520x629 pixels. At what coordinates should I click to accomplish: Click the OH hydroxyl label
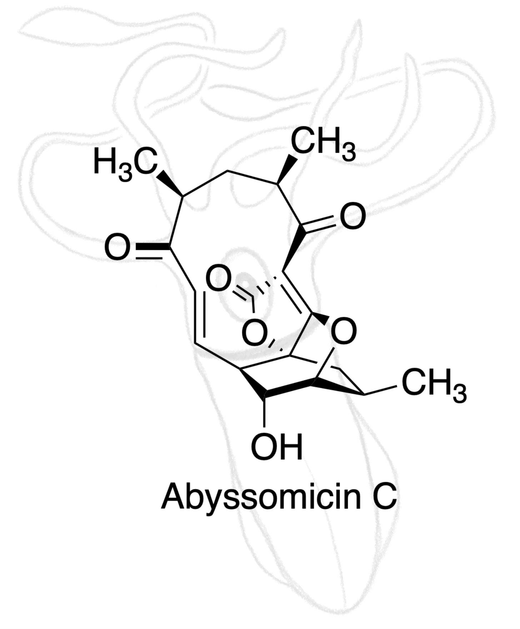[277, 447]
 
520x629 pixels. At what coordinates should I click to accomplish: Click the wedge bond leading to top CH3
[287, 169]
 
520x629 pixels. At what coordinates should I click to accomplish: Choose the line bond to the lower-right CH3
[380, 390]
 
